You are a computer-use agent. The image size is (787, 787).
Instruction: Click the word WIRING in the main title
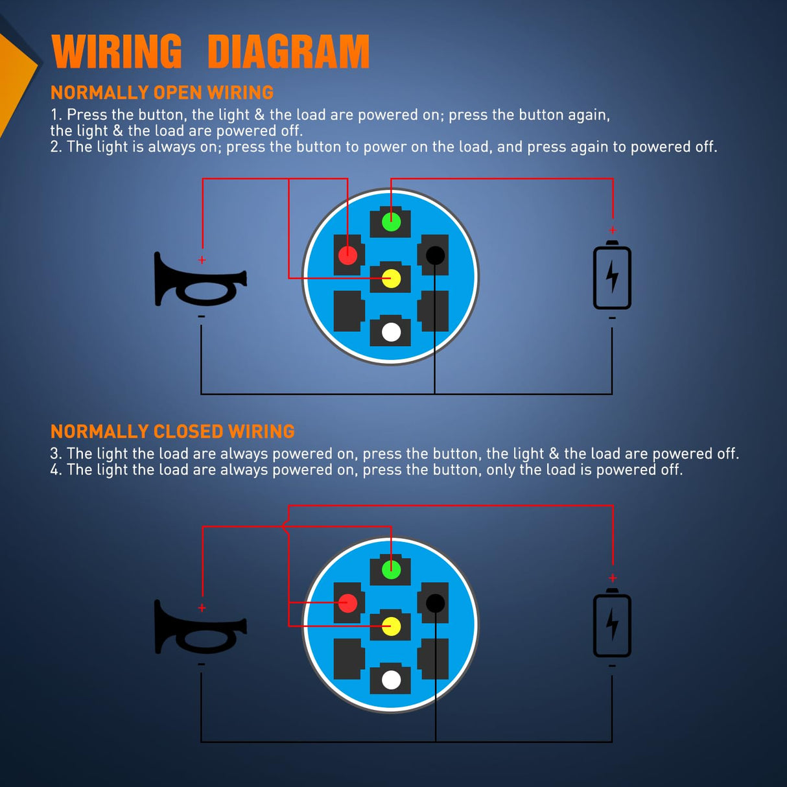117,52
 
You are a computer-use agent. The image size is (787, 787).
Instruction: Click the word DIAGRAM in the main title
288,52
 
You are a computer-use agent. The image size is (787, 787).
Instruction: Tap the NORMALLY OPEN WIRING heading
162,93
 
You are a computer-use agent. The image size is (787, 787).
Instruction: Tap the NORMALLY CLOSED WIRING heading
172,432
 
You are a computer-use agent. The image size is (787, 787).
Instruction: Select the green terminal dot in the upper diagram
391,222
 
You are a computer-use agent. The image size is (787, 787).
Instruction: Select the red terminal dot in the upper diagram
347,255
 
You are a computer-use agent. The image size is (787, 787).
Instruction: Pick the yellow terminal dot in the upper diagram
391,279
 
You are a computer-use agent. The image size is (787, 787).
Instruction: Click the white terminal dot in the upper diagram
391,332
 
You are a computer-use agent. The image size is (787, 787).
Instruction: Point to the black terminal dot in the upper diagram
435,255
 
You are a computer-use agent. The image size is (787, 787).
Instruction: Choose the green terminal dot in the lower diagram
391,570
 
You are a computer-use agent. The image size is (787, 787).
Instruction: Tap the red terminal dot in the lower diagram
347,604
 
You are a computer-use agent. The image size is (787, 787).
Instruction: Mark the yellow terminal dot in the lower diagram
391,626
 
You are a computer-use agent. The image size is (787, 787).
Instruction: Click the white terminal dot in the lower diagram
391,680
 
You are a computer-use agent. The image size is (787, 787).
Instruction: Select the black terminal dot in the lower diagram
435,604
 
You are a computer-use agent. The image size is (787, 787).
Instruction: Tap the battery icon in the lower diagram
612,624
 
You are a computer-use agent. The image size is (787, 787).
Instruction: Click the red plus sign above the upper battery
612,230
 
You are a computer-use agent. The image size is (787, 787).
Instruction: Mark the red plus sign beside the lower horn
202,608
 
